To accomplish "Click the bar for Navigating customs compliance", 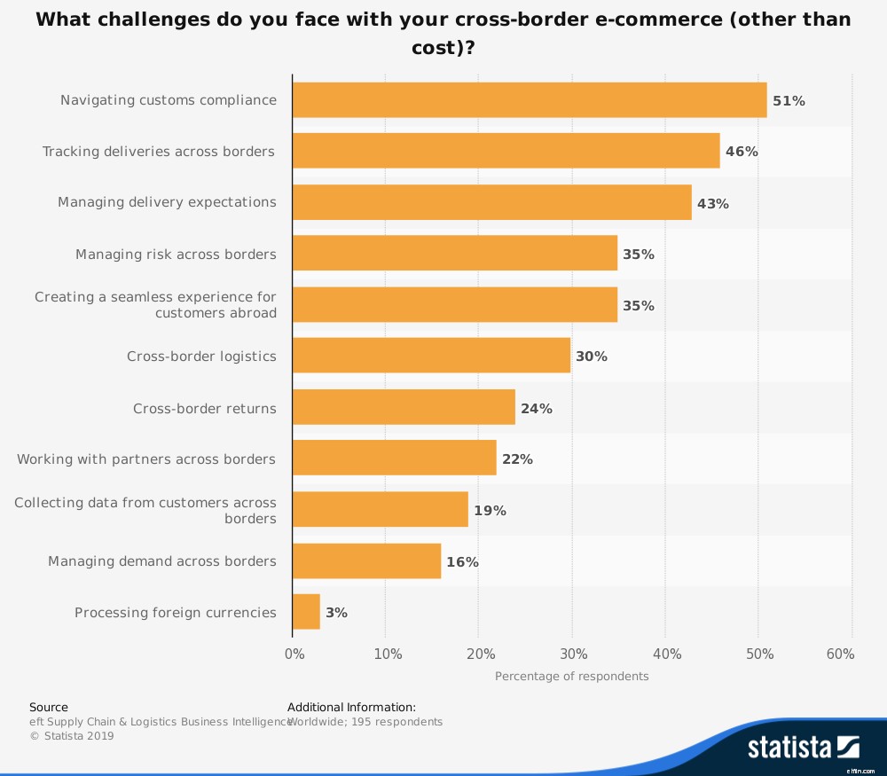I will (530, 100).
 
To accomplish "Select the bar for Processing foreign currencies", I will (306, 612).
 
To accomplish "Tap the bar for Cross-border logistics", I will (431, 357).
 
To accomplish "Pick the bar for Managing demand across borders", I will (366, 561).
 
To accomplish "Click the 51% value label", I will (789, 101).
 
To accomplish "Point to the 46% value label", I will (742, 152).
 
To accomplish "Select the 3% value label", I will (336, 613).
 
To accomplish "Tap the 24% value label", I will (536, 409).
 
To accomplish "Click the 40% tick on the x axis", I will (666, 655).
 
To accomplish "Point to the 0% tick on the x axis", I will (294, 655).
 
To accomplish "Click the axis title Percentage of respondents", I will (571, 677).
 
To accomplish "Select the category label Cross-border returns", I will (204, 409).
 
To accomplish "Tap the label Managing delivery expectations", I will (167, 202).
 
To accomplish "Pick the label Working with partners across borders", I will (146, 459).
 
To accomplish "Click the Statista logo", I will (804, 748).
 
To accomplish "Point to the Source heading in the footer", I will (49, 708).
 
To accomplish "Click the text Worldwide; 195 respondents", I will (365, 722).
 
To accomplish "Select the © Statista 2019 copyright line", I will (72, 736).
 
